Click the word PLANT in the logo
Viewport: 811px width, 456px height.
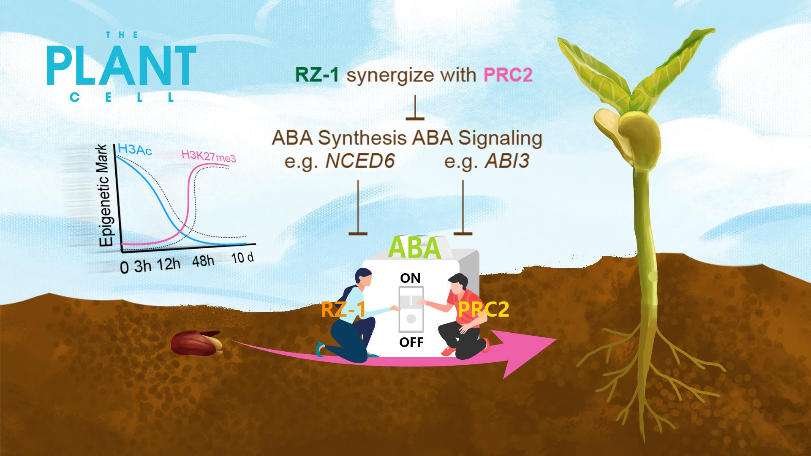click(121, 66)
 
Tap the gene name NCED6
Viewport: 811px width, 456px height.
click(360, 162)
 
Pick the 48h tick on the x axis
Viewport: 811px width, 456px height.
click(203, 261)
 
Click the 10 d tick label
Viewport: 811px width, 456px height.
click(242, 258)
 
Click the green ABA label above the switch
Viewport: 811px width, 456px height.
click(415, 248)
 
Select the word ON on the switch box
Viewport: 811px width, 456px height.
click(411, 278)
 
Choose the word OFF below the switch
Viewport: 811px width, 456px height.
click(411, 342)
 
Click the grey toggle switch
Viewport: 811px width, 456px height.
click(411, 309)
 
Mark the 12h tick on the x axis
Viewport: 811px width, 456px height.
click(169, 264)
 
